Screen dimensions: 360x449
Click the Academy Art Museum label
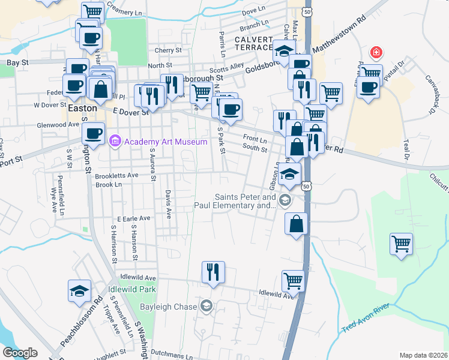tap(165, 142)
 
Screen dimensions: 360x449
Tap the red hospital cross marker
tap(376, 53)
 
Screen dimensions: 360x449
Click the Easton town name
tap(82, 109)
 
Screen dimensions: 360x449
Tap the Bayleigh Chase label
tap(169, 307)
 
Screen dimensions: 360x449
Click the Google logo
tap(20, 353)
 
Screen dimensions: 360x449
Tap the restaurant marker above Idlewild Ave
tap(213, 272)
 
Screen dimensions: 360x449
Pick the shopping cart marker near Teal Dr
tap(401, 244)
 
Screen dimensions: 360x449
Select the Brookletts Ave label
tap(117, 175)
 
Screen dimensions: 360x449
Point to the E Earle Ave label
tap(136, 220)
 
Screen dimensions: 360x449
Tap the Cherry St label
tap(167, 50)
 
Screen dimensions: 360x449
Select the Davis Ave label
tap(168, 205)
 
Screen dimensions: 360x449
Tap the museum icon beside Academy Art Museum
tap(115, 142)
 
